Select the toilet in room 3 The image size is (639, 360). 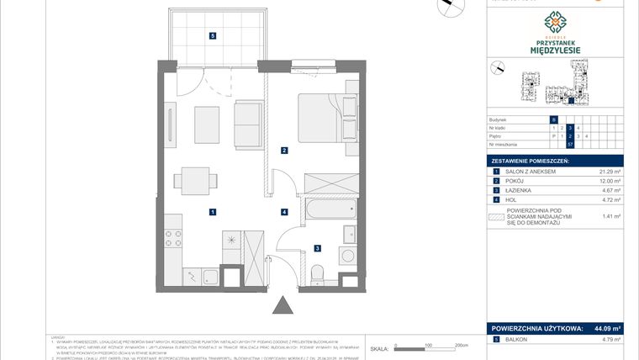(318, 275)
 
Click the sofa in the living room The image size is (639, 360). (248, 123)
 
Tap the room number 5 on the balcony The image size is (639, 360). (214, 35)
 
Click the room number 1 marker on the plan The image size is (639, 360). (214, 212)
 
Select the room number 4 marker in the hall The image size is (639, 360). (285, 212)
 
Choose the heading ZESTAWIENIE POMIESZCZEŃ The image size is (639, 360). (531, 160)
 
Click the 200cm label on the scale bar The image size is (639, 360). (460, 346)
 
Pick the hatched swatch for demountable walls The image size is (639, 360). (495, 216)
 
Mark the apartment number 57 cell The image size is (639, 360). (570, 144)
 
